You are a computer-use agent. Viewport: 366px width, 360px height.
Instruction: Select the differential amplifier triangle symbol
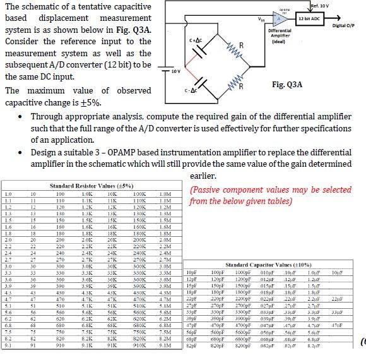point(280,19)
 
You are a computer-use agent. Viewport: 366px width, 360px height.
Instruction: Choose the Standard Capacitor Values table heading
point(269,265)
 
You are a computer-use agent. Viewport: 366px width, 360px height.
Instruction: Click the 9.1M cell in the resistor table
point(165,345)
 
